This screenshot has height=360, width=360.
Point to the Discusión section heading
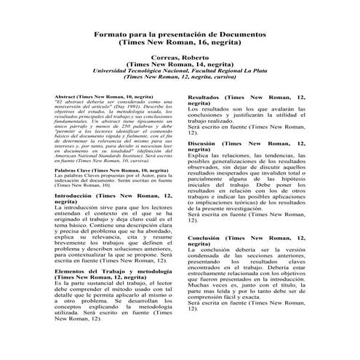click(x=201, y=144)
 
